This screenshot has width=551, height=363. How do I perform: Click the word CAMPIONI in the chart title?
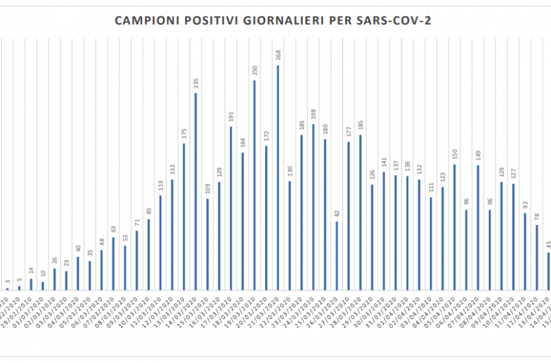point(144,21)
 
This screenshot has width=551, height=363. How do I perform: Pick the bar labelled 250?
point(255,185)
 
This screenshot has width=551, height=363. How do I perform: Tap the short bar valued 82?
point(337,255)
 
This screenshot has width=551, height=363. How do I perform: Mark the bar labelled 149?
point(478,227)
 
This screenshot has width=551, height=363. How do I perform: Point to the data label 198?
point(314,115)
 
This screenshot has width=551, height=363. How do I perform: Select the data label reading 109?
point(207,189)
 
